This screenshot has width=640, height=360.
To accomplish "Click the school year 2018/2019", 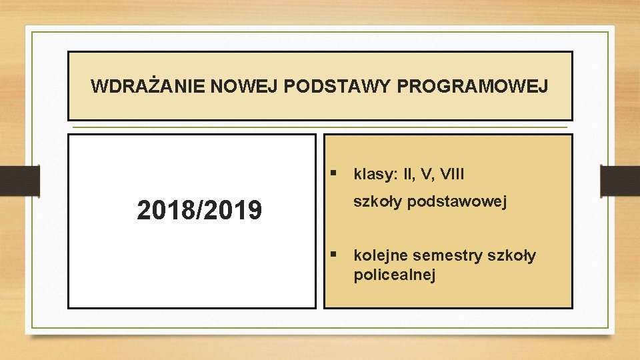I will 199,211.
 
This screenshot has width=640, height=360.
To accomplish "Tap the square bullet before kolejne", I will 334,254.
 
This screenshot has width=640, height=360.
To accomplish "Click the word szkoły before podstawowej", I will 377,202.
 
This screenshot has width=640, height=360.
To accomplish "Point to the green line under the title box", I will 320,127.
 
